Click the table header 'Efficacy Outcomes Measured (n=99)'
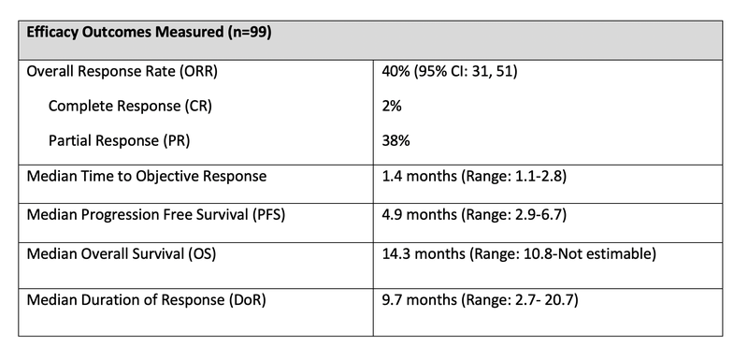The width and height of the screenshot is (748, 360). [150, 31]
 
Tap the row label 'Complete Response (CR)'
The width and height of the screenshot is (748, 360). [130, 108]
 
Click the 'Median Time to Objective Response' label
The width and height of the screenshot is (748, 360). [147, 177]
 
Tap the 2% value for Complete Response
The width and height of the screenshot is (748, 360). [392, 108]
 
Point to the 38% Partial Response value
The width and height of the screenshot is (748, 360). [396, 140]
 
